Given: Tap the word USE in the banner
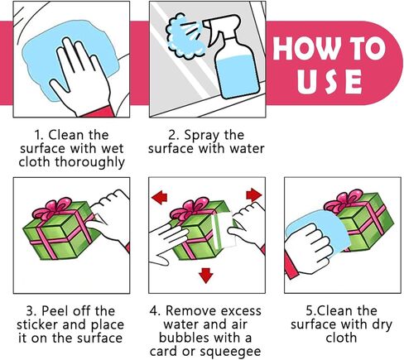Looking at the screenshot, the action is point(329,82).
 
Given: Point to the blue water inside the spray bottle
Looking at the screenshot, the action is point(238,76).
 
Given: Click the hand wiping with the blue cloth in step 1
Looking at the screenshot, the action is point(80,77).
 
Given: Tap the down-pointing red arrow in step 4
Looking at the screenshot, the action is point(206,275).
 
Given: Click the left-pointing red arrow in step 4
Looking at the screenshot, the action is point(160,197).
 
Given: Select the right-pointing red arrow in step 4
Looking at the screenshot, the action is point(253,195).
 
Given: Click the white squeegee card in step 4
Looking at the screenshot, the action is point(225,230).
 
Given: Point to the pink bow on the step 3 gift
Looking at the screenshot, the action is point(52,209).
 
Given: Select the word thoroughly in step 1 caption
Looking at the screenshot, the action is point(89,162).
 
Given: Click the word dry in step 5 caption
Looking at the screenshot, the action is point(382,325).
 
